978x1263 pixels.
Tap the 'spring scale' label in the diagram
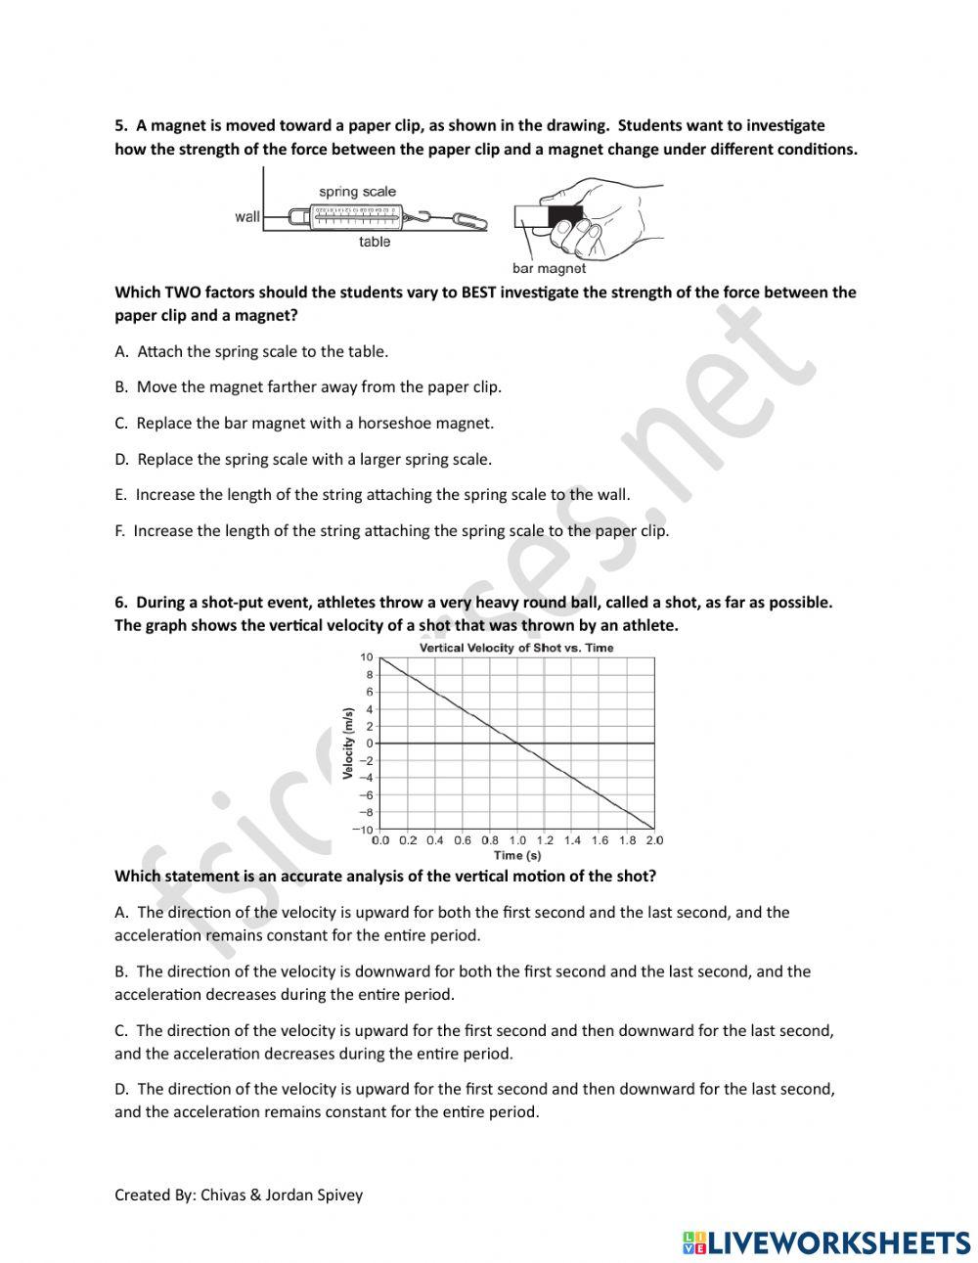[357, 192]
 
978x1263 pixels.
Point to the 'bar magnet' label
[549, 268]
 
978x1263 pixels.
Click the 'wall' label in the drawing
[247, 216]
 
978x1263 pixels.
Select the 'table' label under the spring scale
[374, 242]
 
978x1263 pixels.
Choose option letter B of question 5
[121, 387]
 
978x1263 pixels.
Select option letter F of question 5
[120, 531]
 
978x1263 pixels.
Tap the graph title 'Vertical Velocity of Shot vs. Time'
[516, 648]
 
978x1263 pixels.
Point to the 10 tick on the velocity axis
[366, 657]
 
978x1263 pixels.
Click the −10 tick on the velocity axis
[363, 830]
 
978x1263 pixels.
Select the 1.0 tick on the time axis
[516, 840]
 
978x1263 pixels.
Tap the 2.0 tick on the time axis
[653, 840]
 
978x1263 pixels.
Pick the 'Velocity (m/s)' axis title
[347, 744]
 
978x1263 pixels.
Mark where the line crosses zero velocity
[517, 744]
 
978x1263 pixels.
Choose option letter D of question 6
[122, 1089]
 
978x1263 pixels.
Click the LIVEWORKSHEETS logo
[826, 1242]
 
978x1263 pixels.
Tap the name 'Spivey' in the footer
[338, 1195]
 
